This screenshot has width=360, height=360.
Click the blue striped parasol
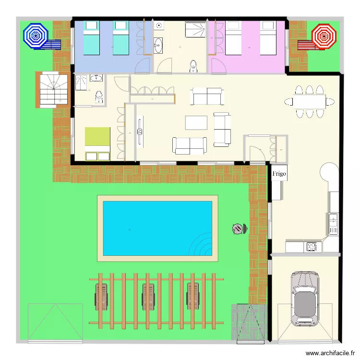click(36, 35)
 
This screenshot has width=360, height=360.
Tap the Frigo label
click(279, 173)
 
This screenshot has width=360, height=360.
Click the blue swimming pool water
click(157, 228)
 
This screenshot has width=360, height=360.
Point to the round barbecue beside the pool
click(239, 229)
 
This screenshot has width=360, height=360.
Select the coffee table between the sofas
click(196, 122)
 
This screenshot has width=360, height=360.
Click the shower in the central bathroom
click(195, 31)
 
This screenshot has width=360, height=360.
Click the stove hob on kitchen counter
click(312, 247)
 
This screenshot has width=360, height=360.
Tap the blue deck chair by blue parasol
click(52, 45)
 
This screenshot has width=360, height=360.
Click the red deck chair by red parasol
click(305, 45)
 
